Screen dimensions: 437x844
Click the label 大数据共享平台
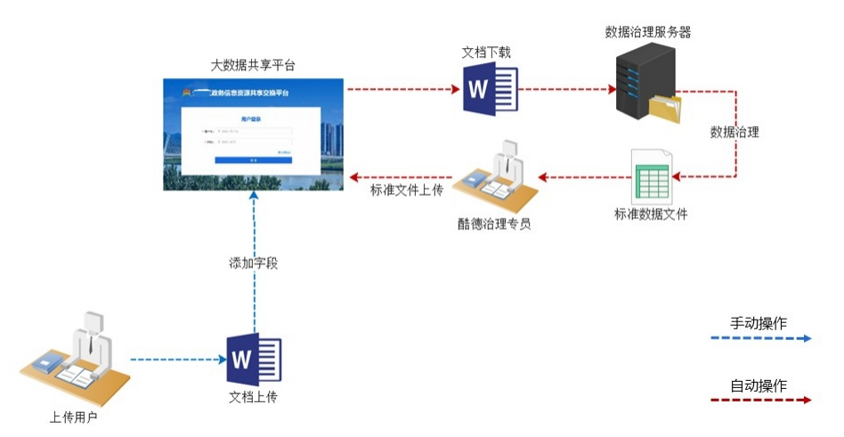click(x=253, y=65)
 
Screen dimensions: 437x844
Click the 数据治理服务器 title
click(x=648, y=32)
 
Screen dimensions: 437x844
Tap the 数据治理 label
click(x=734, y=132)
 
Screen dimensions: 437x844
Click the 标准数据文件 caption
click(x=651, y=214)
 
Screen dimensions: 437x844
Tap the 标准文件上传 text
click(x=406, y=190)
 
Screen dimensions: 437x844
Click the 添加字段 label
click(x=254, y=264)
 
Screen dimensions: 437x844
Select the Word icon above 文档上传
click(x=254, y=359)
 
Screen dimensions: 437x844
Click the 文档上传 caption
click(x=254, y=396)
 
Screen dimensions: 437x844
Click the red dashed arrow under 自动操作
click(x=760, y=401)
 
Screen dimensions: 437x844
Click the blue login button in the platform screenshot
click(x=253, y=158)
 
